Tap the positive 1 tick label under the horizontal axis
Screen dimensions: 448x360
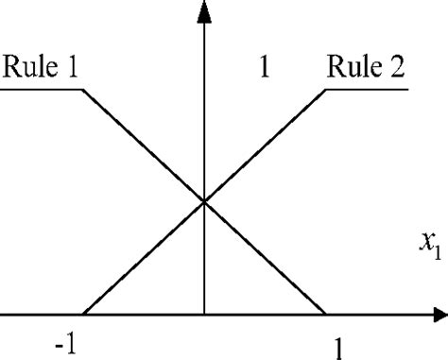(337, 346)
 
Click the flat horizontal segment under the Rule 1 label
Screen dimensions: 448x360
(42, 90)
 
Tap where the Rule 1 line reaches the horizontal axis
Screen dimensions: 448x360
(326, 315)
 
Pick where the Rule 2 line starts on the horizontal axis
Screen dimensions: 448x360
(82, 315)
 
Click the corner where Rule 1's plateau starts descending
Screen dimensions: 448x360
(83, 90)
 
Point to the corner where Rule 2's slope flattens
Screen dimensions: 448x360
(326, 90)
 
